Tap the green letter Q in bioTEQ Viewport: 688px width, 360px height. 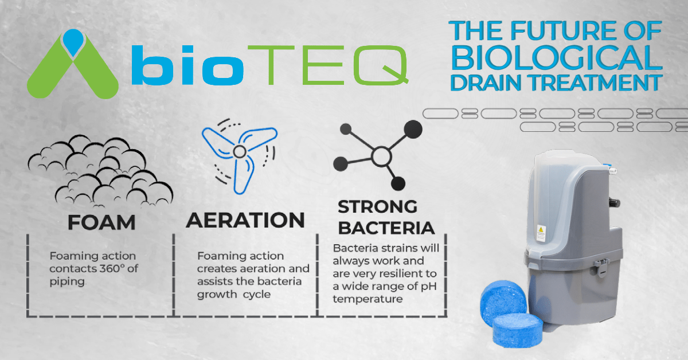coord(381,63)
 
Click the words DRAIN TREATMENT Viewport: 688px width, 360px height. coord(556,82)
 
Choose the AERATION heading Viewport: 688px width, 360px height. coord(245,220)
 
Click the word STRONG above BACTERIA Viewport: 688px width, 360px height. coord(377,206)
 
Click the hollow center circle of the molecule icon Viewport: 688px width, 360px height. coord(380,155)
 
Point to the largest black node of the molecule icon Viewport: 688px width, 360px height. coord(411,128)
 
